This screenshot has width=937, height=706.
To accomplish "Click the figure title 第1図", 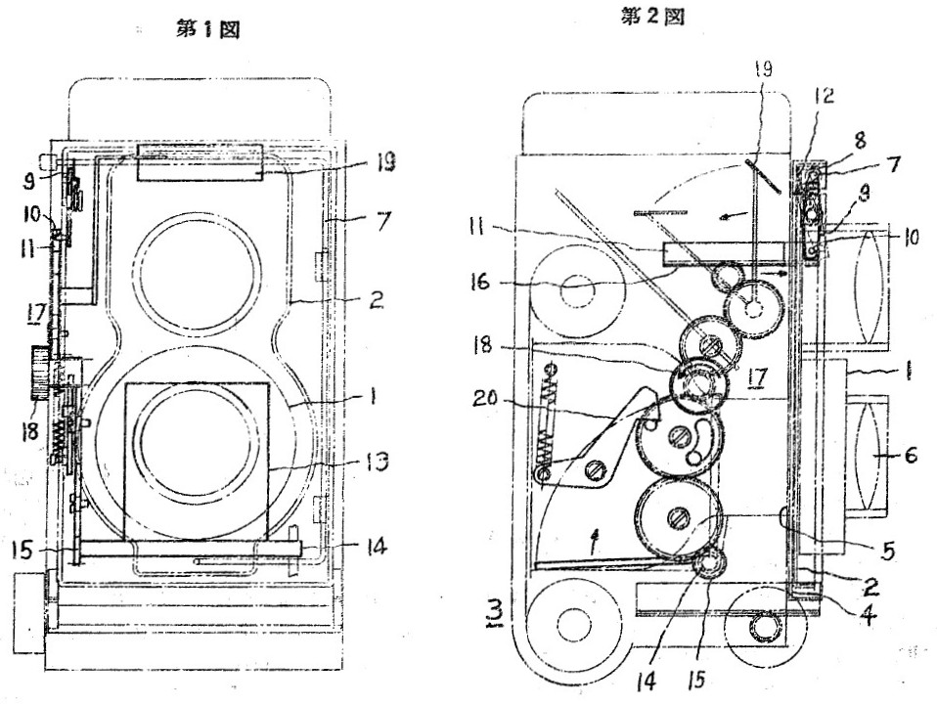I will coord(206,29).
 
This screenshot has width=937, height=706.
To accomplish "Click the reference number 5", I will coord(886,550).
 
